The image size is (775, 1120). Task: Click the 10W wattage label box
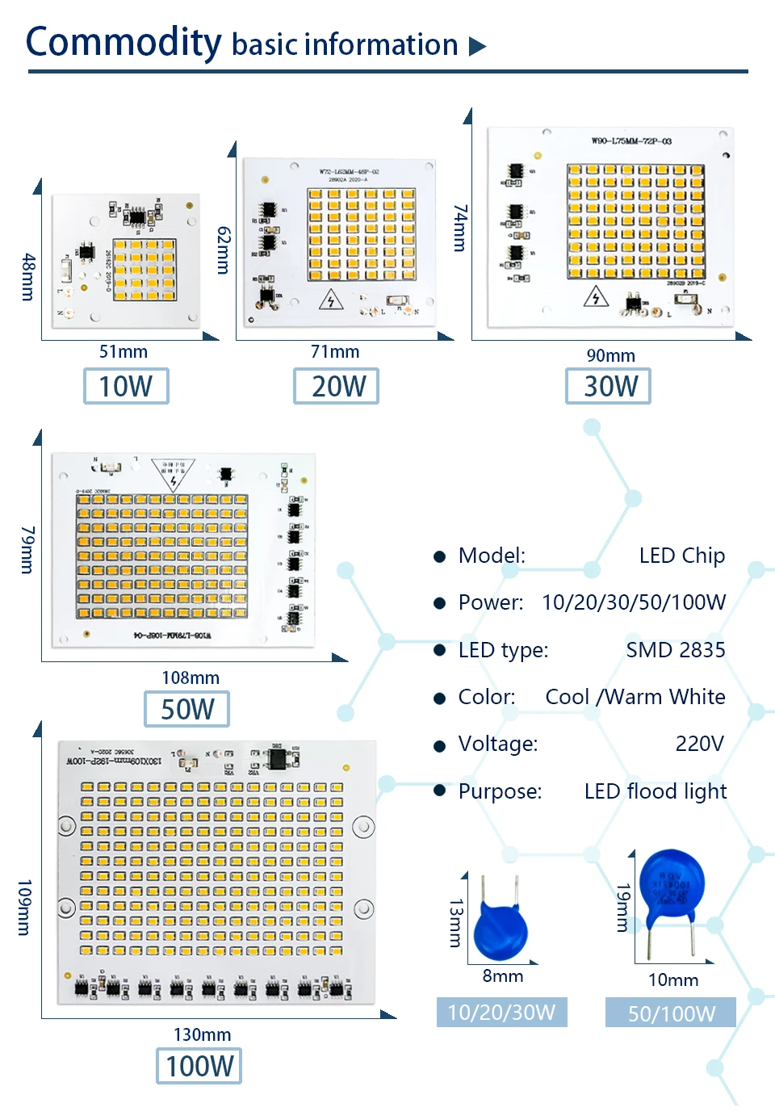(126, 386)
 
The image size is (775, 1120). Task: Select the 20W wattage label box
(336, 386)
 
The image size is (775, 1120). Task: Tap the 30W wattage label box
(608, 386)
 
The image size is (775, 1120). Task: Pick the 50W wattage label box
(186, 709)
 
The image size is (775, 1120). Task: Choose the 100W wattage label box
(199, 1066)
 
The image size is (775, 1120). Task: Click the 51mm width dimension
(124, 351)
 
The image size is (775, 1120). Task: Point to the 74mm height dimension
(460, 228)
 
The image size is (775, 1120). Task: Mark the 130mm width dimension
(202, 1034)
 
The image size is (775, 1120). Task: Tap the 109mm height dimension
(24, 908)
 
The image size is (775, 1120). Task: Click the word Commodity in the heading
(124, 42)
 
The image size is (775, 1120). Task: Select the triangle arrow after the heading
(478, 46)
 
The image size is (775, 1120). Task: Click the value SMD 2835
(675, 650)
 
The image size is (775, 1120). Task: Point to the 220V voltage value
(699, 744)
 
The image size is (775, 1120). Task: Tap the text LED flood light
(655, 791)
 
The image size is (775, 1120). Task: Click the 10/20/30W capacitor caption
(501, 1013)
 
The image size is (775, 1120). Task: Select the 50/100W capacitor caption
(671, 1013)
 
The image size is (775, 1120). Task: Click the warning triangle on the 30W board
(596, 297)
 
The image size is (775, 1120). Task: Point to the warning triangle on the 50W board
(174, 476)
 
